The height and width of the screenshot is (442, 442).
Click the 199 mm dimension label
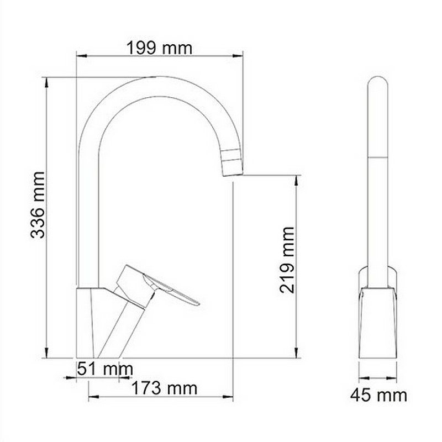[x=159, y=48]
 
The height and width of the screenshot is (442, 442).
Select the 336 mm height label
[x=38, y=205]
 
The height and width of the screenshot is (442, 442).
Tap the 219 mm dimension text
[x=287, y=260]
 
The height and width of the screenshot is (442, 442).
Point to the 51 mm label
[x=105, y=369]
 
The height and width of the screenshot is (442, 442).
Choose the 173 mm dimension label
[x=164, y=388]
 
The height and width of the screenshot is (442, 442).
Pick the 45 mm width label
[x=378, y=395]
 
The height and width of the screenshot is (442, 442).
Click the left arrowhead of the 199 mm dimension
[x=81, y=56]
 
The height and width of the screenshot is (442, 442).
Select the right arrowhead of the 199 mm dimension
[x=238, y=56]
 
